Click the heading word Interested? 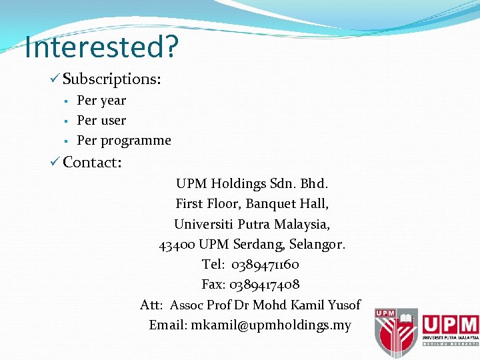pos(101,47)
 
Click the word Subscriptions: pos(112,79)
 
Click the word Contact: pos(92,162)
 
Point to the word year pos(113,101)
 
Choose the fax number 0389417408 pos(265,285)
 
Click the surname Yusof pos(343,305)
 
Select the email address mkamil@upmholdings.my pos(271,325)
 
